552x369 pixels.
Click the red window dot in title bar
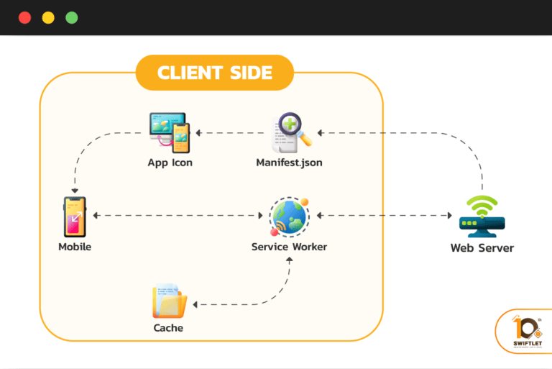click(x=25, y=18)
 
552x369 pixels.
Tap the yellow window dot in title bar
click(x=48, y=18)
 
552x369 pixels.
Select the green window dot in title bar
click(x=72, y=18)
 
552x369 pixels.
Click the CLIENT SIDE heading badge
click(x=214, y=73)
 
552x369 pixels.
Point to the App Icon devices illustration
click(x=169, y=133)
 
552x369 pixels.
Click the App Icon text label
click(x=170, y=163)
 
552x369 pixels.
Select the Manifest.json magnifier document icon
click(x=290, y=133)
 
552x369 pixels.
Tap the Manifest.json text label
click(x=289, y=163)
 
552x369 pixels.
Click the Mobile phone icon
click(x=74, y=217)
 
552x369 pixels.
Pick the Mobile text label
click(x=75, y=247)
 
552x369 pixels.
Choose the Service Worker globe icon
click(x=289, y=216)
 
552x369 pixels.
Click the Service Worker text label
click(x=289, y=247)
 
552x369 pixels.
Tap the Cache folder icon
click(x=169, y=301)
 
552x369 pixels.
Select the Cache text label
click(x=168, y=328)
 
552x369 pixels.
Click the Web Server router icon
click(x=482, y=217)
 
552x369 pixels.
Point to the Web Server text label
click(x=482, y=248)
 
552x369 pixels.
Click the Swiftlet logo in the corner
click(x=523, y=331)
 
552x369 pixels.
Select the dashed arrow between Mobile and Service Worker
click(x=177, y=215)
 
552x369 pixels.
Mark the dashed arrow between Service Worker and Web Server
click(x=385, y=215)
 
